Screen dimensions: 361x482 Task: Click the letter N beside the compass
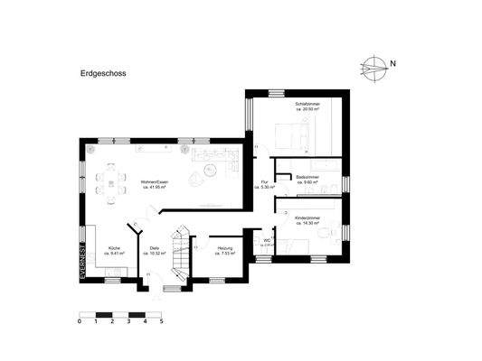click(393, 64)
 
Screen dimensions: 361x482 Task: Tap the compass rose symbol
click(373, 64)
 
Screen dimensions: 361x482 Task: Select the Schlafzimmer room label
click(307, 104)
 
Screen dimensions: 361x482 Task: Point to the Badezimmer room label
click(307, 178)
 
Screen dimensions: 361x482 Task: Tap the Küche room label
click(115, 248)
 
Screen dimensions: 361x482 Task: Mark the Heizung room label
click(225, 248)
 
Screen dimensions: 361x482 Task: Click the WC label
click(268, 240)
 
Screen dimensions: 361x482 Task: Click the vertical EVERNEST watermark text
click(81, 263)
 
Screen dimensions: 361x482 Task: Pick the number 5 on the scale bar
click(161, 320)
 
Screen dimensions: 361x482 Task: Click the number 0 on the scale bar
click(80, 320)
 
